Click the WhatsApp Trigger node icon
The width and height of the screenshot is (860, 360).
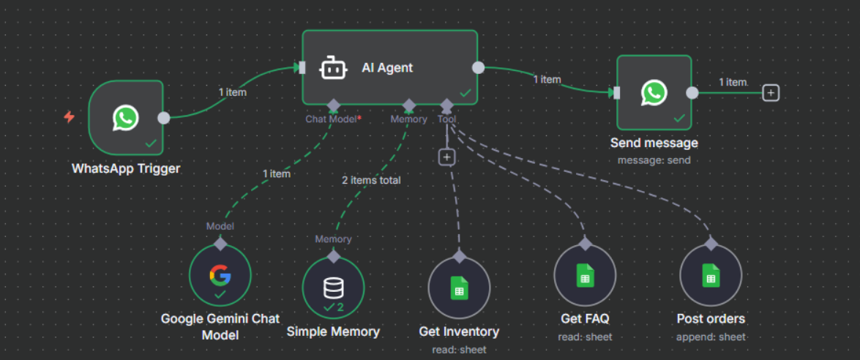click(x=126, y=118)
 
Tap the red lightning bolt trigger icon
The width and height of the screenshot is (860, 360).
click(x=70, y=117)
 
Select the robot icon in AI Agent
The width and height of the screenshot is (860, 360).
click(x=333, y=68)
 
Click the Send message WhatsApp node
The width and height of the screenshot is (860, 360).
click(x=654, y=92)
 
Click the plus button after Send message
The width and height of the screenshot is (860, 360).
click(x=770, y=93)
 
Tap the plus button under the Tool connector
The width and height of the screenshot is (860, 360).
click(x=447, y=157)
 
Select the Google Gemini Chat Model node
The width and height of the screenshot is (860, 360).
click(x=220, y=276)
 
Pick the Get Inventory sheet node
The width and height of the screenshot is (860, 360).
click(x=459, y=288)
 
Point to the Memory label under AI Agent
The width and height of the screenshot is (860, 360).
click(x=408, y=119)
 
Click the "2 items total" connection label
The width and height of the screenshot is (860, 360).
click(x=371, y=180)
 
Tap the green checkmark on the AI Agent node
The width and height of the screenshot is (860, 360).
click(x=465, y=93)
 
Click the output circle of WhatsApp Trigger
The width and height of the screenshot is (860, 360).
click(x=164, y=118)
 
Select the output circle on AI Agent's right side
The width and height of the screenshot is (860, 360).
click(x=478, y=67)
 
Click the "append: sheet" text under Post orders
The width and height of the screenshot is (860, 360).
click(x=711, y=337)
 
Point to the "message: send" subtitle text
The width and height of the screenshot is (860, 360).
click(x=654, y=160)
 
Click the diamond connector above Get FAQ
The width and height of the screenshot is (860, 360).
click(x=585, y=244)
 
